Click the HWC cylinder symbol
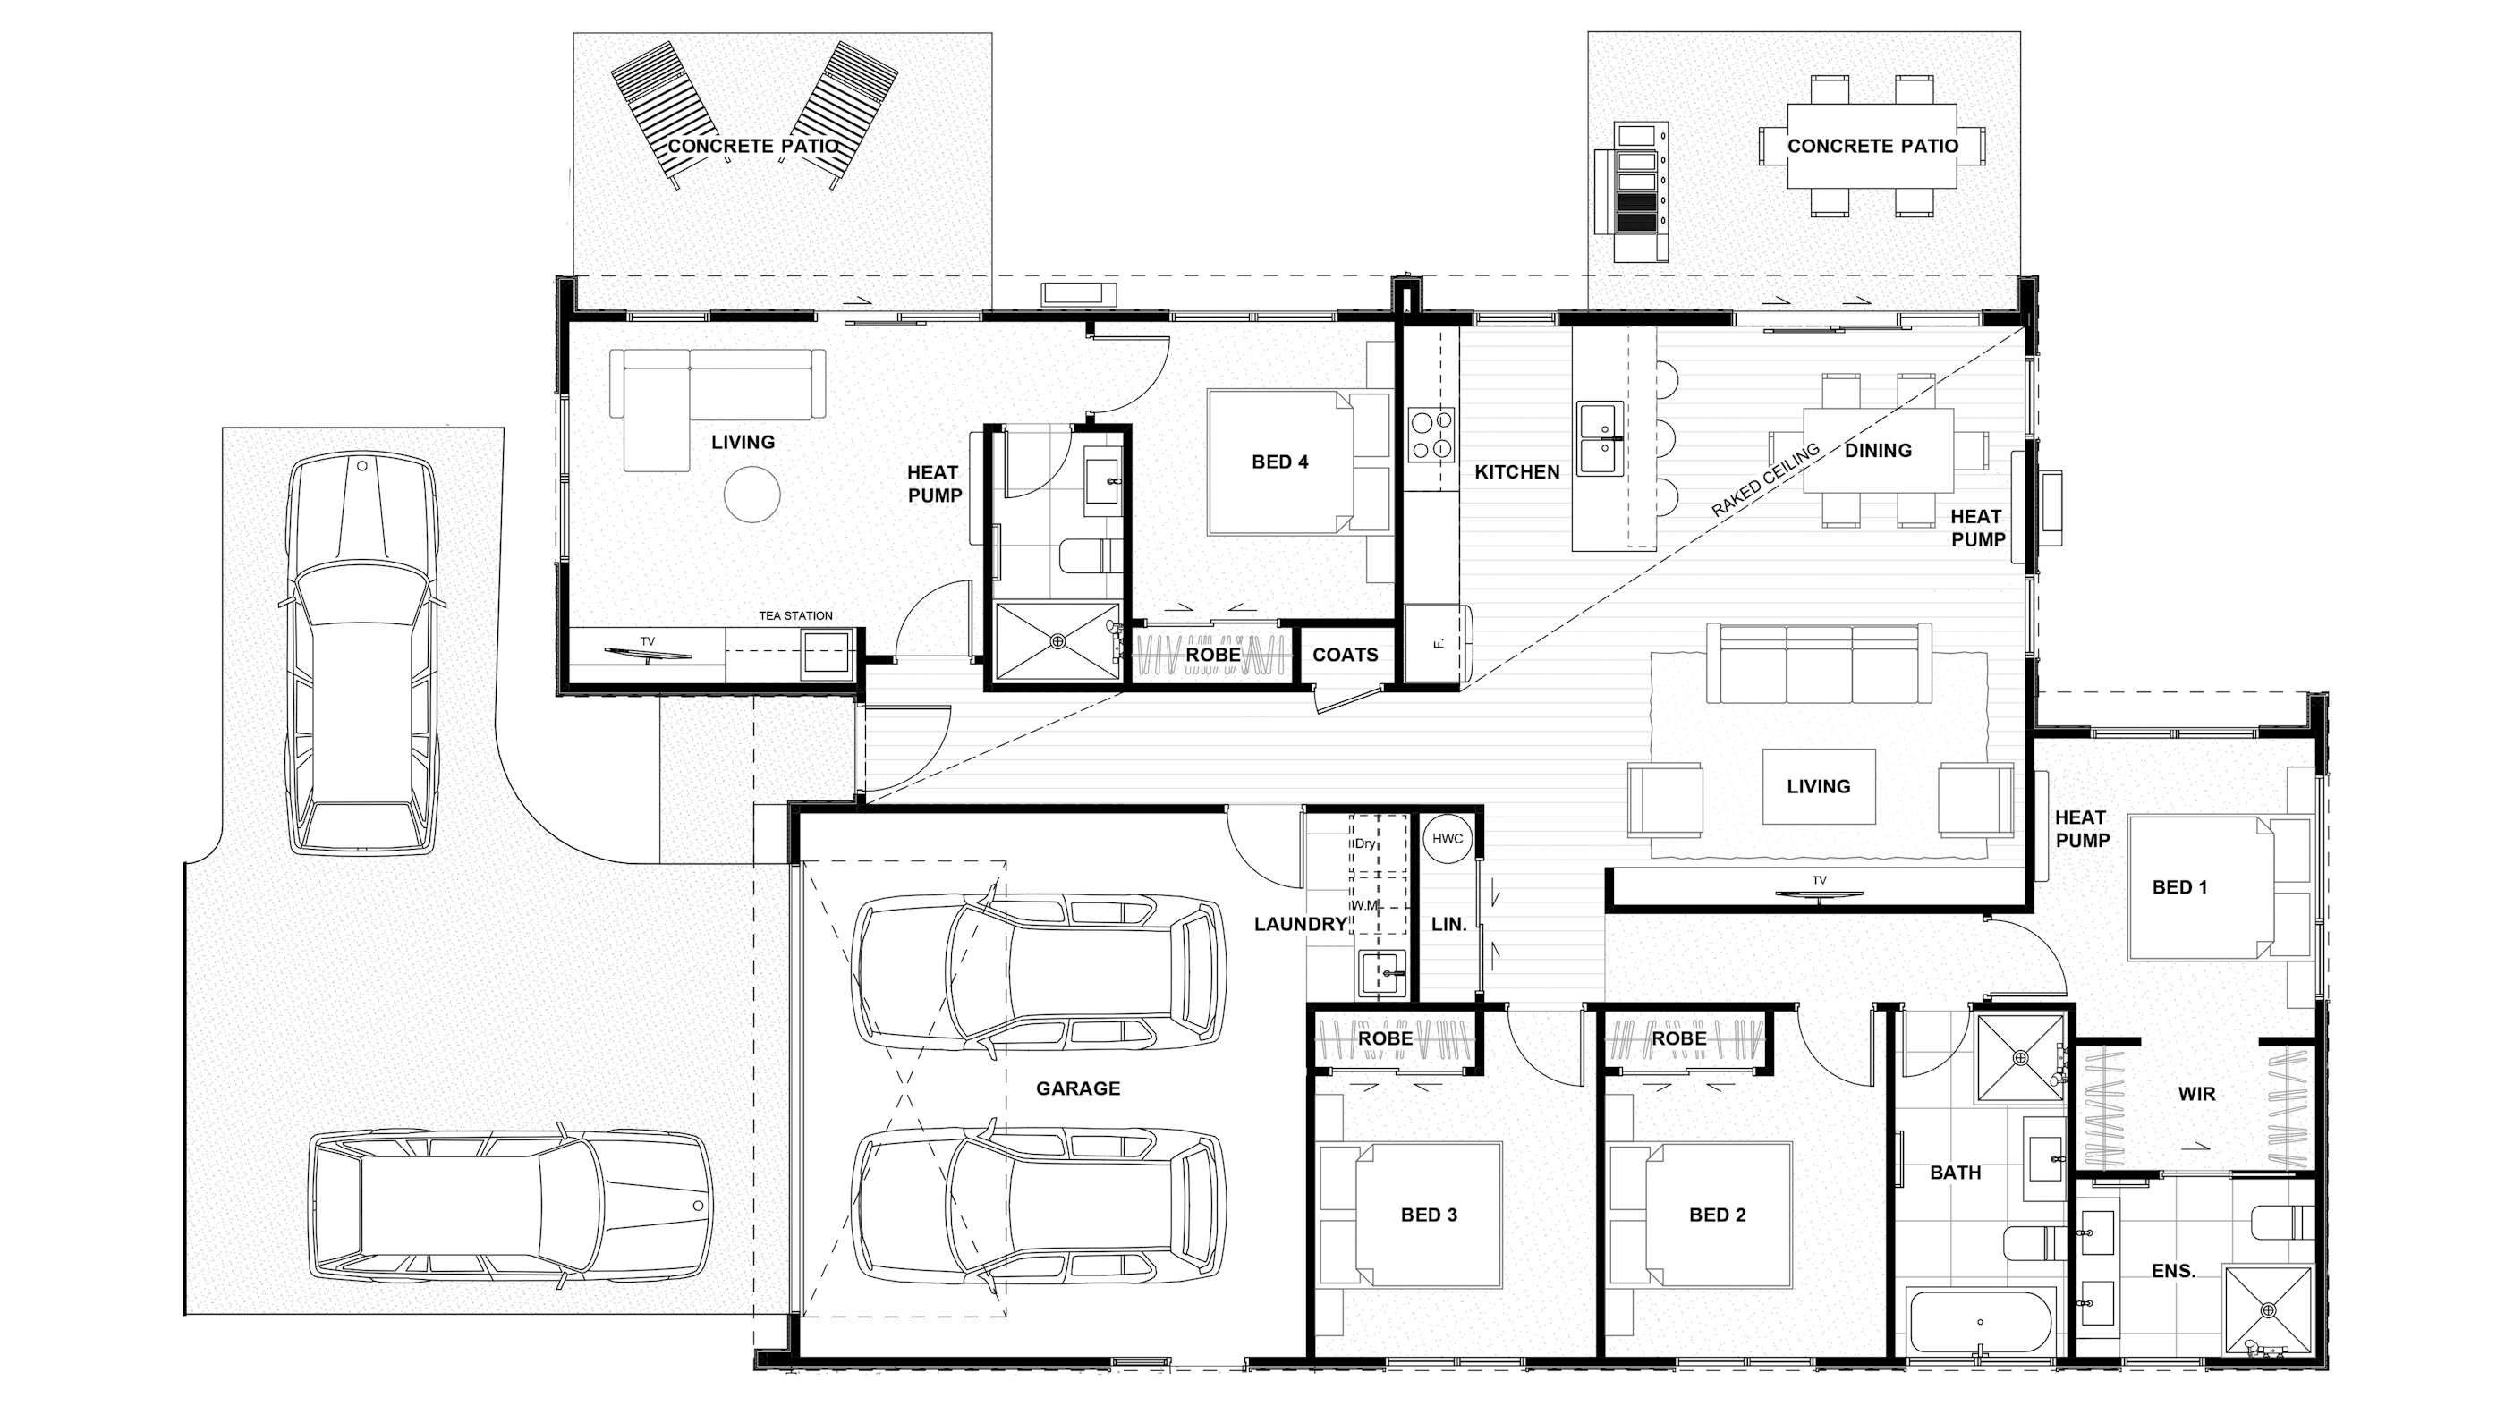click(1447, 838)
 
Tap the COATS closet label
click(1345, 655)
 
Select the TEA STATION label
click(795, 615)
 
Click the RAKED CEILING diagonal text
click(1765, 479)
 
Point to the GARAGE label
click(1077, 1088)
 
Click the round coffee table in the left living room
click(751, 494)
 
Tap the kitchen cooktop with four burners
click(1431, 435)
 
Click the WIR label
click(2196, 1094)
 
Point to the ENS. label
click(2173, 1271)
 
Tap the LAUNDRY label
click(1300, 925)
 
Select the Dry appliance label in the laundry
click(1365, 843)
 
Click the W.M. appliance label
click(1365, 905)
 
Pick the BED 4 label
click(1279, 462)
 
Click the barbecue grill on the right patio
click(1635, 191)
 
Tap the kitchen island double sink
click(1600, 438)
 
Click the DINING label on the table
click(1878, 450)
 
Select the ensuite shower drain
click(2270, 1312)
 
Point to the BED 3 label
click(1429, 1215)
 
